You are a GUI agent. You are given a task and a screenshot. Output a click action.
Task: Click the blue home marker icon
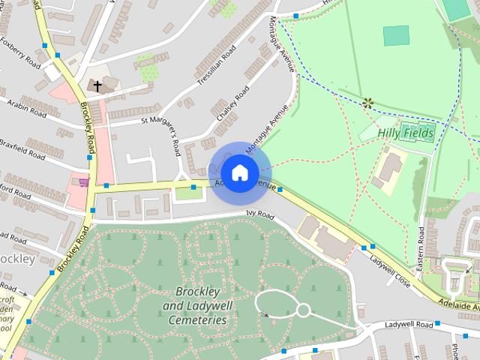pyautogui.click(x=239, y=172)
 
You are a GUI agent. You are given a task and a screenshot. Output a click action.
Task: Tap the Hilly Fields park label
pyautogui.click(x=406, y=133)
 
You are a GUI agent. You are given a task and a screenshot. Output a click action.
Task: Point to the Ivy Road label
pyautogui.click(x=260, y=214)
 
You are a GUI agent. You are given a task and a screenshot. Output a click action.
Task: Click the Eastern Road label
pyautogui.click(x=421, y=247)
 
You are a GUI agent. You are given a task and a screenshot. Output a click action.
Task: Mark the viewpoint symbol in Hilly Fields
pyautogui.click(x=367, y=103)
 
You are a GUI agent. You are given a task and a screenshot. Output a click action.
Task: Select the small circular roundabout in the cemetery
pyautogui.click(x=303, y=309)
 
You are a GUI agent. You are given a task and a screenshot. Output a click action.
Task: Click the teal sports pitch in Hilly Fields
pyautogui.click(x=396, y=34)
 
